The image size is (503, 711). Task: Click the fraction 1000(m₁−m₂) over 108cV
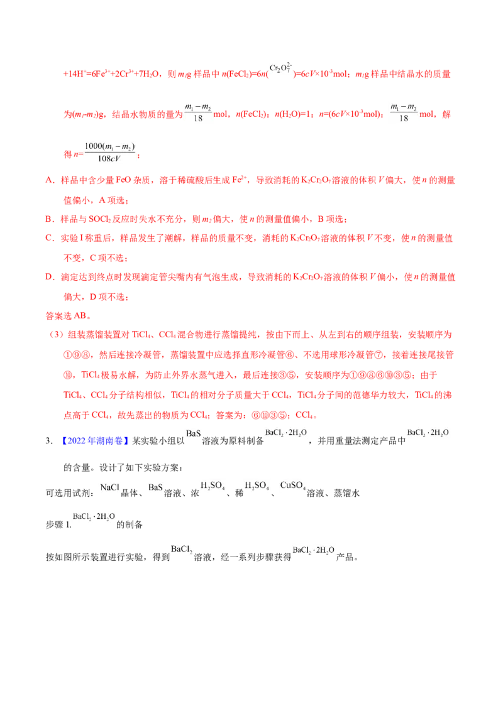[110, 153]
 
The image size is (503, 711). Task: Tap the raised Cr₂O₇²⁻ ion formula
[280, 68]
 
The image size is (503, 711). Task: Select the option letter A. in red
[50, 180]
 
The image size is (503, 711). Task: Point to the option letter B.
[50, 219]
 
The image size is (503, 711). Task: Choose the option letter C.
[50, 238]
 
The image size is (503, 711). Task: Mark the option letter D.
[50, 277]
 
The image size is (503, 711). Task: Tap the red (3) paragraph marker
[56, 335]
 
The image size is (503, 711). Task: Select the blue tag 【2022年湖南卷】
[96, 441]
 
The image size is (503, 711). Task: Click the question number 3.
[49, 441]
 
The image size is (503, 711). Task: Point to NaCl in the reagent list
[109, 487]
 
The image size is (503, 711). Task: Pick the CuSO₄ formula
[293, 486]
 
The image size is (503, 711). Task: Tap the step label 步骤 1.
[58, 524]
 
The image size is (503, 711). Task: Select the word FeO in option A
[123, 180]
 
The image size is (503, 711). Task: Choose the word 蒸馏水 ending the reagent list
[347, 493]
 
